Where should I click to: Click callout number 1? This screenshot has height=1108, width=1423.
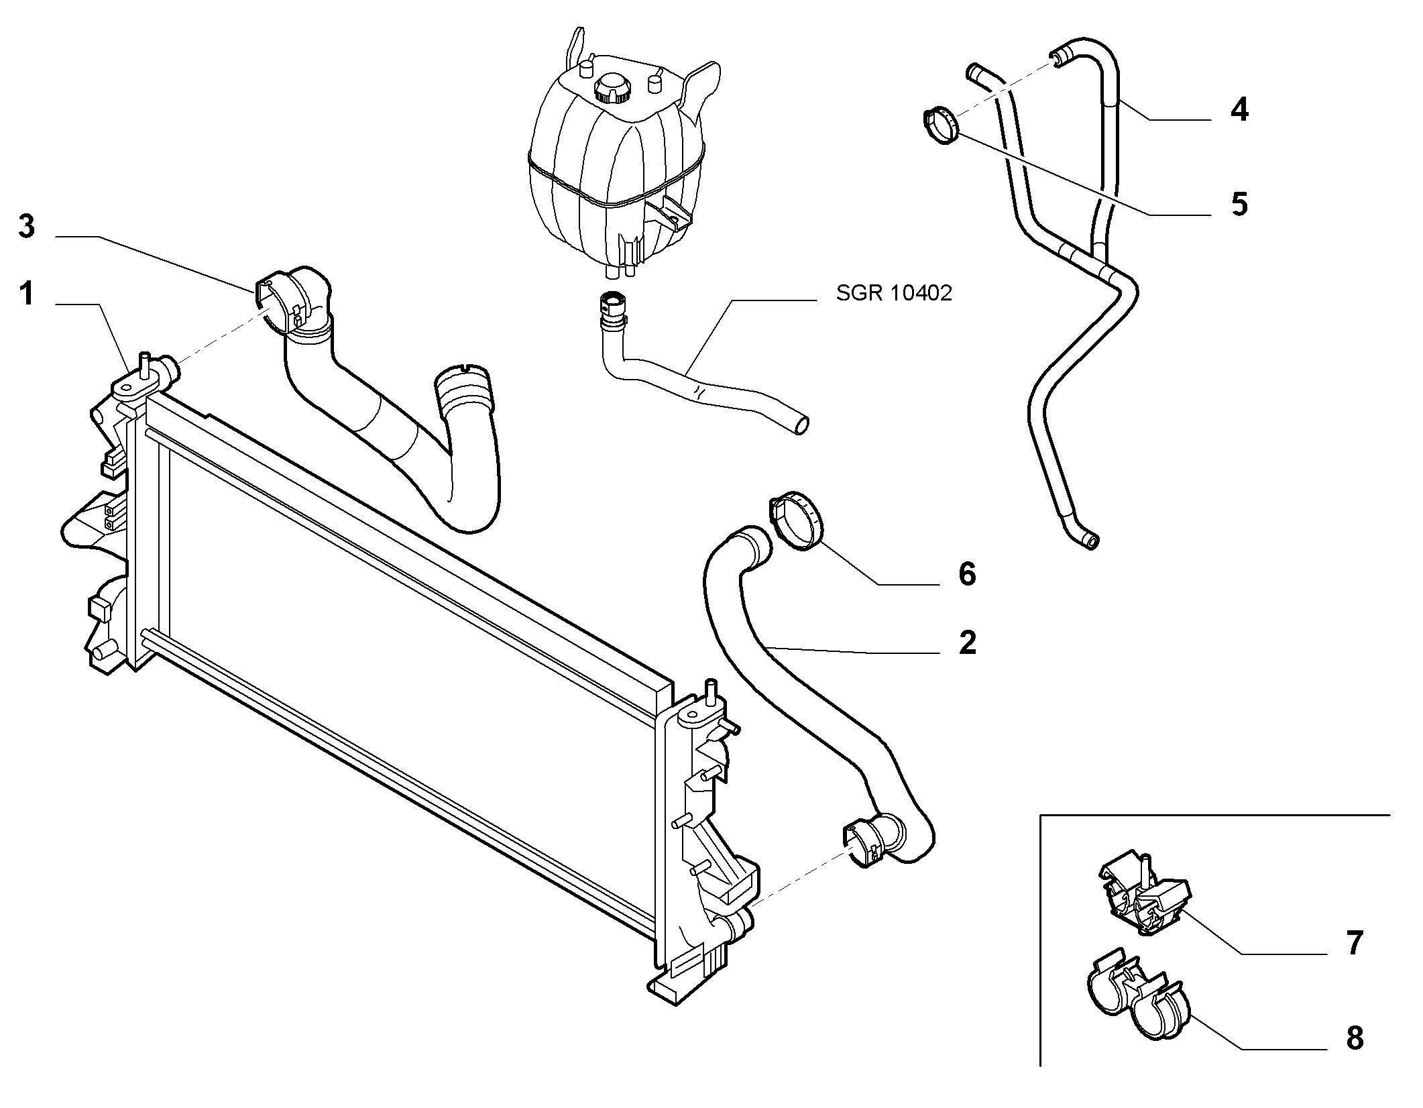26,294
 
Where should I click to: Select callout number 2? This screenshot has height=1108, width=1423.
967,643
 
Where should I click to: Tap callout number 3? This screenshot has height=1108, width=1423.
26,227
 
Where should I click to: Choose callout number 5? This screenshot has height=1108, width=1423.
1239,204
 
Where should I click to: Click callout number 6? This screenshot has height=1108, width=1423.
967,574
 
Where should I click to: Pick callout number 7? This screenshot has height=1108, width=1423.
1355,943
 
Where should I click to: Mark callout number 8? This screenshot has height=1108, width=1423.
1355,1038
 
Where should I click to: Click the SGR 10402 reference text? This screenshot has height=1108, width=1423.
894,294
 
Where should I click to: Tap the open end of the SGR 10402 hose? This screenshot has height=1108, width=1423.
800,425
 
